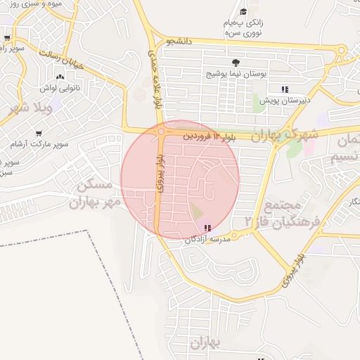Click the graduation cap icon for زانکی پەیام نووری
[243, 11]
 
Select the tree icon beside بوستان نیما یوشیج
[235, 63]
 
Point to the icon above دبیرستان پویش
[285, 89]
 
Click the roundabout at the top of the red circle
[162, 131]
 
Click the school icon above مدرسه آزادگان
[207, 228]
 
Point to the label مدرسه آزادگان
[209, 239]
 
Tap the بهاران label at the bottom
[205, 343]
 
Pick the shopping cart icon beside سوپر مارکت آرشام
[39, 134]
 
